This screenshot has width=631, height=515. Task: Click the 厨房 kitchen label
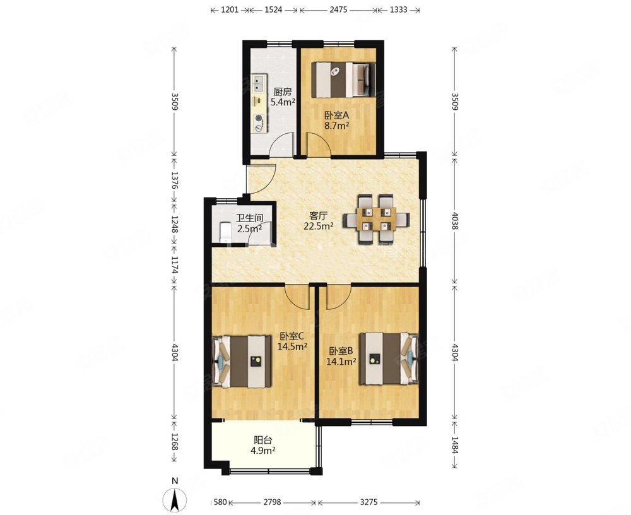click(x=283, y=92)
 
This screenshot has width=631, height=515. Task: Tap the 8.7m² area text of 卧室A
click(x=337, y=126)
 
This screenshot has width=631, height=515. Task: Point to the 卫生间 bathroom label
click(x=249, y=218)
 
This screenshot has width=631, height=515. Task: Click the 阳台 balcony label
click(x=262, y=441)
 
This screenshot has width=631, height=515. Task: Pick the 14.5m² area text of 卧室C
click(x=293, y=346)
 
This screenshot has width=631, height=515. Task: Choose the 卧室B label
click(x=341, y=351)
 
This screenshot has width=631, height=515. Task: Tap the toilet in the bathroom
click(x=224, y=233)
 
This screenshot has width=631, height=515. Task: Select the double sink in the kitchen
click(x=259, y=84)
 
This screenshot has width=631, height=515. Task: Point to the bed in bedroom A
click(x=344, y=80)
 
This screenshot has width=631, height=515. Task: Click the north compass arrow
click(x=175, y=500)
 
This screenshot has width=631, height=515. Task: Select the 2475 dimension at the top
click(x=338, y=9)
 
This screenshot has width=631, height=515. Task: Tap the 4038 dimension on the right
click(x=455, y=221)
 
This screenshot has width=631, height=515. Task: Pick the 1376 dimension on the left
click(x=174, y=180)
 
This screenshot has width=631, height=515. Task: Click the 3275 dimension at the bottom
click(x=369, y=502)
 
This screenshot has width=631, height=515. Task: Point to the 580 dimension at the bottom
click(x=220, y=502)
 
